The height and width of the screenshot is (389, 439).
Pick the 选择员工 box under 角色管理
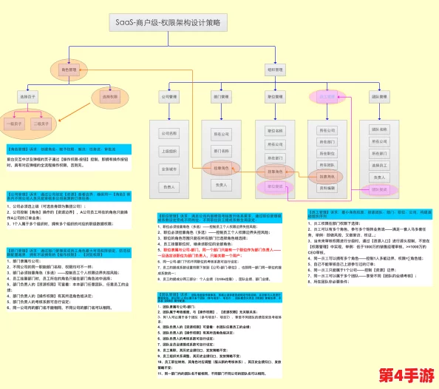pyautogui.click(x=28, y=97)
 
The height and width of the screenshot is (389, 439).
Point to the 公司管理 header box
pyautogui.click(x=169, y=97)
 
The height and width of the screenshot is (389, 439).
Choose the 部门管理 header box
pyautogui.click(x=221, y=97)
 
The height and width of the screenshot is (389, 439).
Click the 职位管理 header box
pyautogui.click(x=272, y=97)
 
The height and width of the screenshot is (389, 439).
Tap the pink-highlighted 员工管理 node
pyautogui.click(x=325, y=97)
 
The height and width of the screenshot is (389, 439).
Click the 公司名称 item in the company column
pyautogui.click(x=169, y=133)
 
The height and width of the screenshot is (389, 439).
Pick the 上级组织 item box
pyautogui.click(x=169, y=151)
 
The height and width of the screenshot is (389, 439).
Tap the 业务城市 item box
pyautogui.click(x=169, y=169)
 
